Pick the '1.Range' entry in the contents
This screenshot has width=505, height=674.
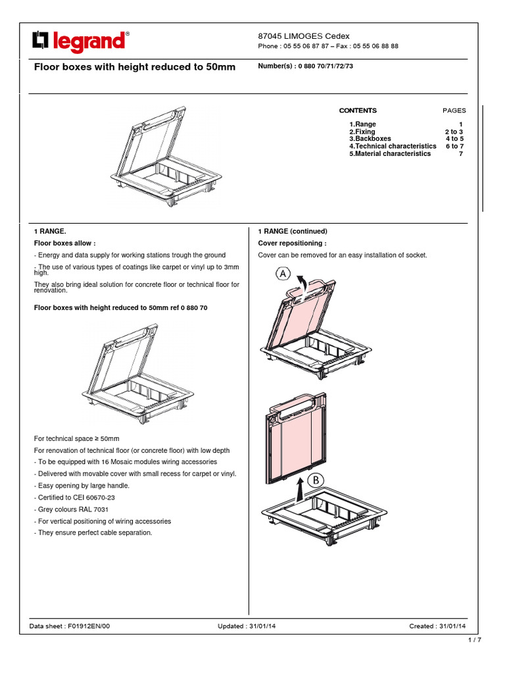[363, 124]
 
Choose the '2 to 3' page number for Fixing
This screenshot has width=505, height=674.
[454, 132]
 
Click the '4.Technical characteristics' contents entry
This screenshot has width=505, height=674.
[393, 146]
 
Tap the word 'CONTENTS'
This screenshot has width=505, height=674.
[358, 111]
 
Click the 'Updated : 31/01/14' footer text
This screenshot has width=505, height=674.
[247, 626]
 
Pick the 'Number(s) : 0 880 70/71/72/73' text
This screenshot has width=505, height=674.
[305, 66]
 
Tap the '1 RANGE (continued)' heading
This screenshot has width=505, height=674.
[292, 231]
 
